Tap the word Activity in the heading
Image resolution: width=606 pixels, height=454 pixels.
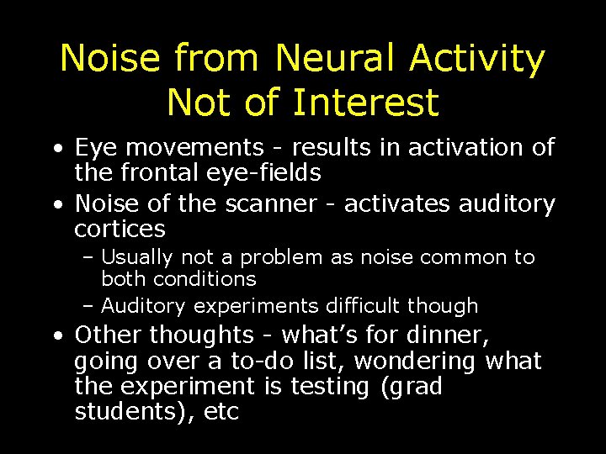[x=478, y=59]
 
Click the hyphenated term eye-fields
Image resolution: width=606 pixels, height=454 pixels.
[x=262, y=174]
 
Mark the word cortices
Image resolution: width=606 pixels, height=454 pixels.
[x=120, y=230]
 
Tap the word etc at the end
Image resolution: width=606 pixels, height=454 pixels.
[x=221, y=413]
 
